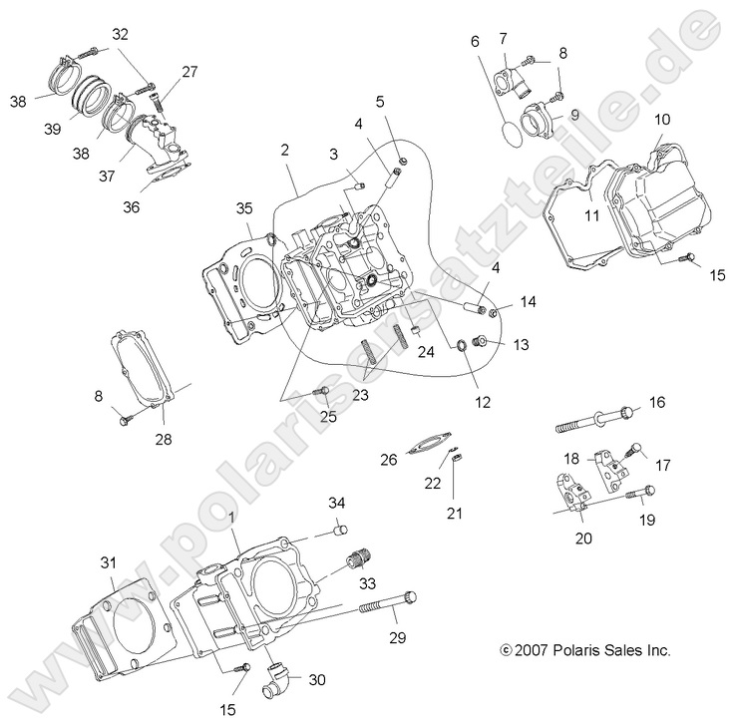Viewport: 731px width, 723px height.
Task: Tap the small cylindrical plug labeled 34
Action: [x=338, y=528]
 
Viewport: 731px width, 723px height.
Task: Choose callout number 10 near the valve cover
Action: [x=662, y=121]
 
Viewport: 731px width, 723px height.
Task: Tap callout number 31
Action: [x=109, y=562]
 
